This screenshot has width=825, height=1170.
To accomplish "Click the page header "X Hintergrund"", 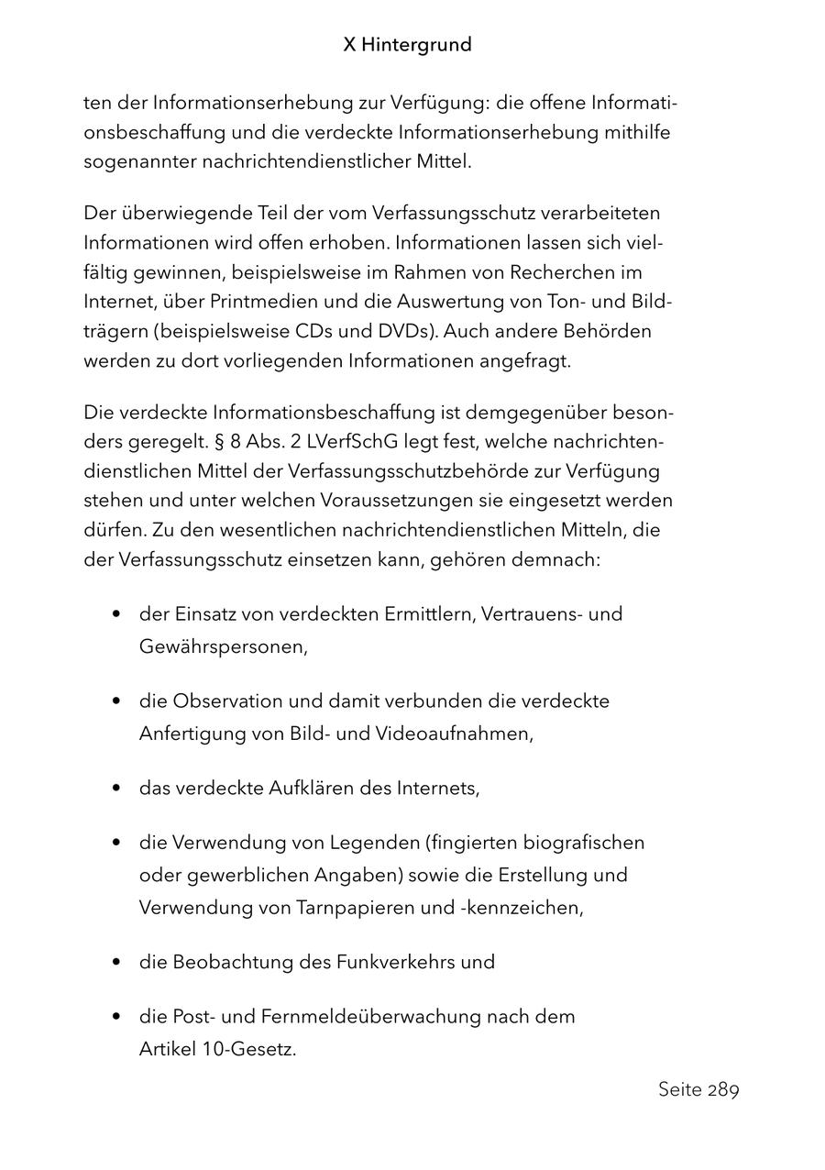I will coord(407,45).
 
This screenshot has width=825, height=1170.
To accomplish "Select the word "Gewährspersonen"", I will coord(222,646).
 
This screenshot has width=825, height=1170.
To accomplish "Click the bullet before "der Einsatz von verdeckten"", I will coord(116,614).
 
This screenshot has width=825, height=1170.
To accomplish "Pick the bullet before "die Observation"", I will coord(116,701).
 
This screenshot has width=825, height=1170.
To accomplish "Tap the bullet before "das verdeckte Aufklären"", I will coord(116,789).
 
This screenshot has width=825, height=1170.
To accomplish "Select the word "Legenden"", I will coord(336,842).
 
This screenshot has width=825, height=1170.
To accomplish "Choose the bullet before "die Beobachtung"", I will coord(116,963).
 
